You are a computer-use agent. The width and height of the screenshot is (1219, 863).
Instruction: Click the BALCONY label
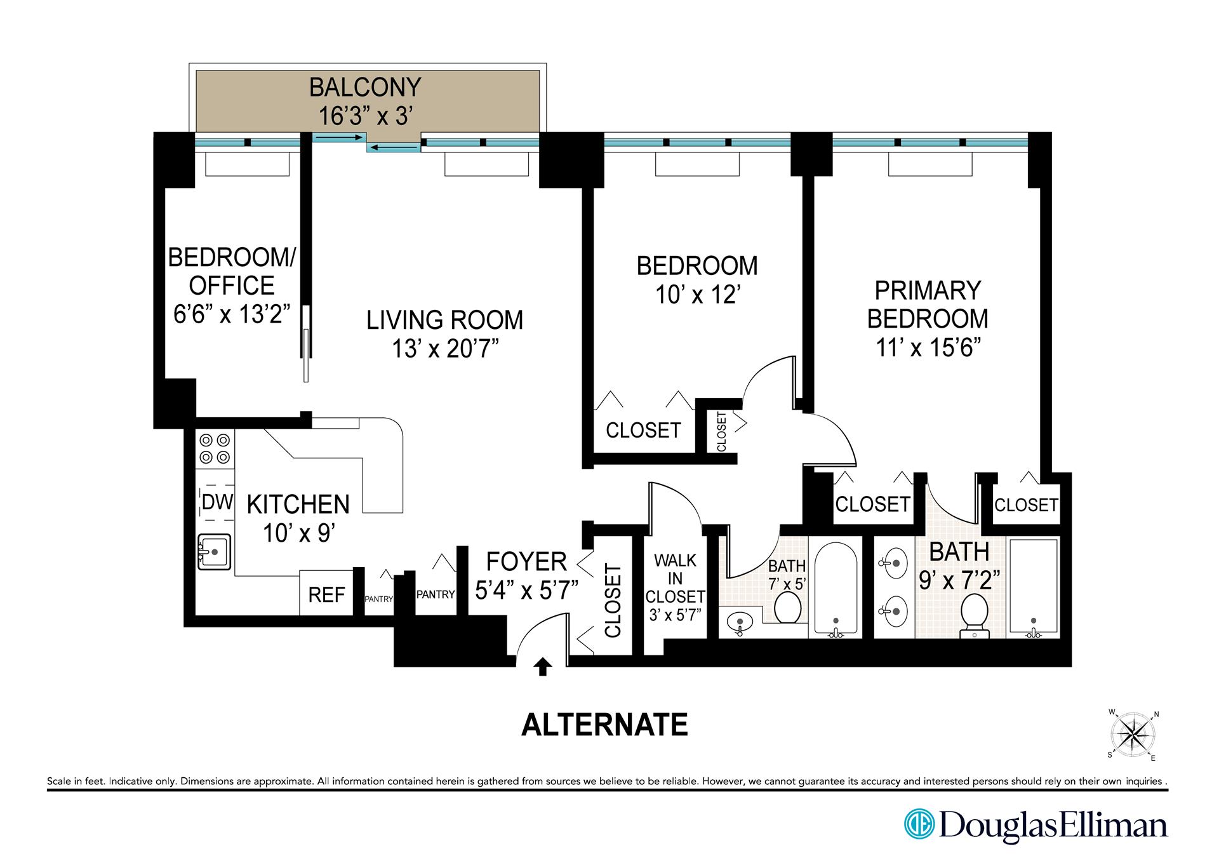point(365,87)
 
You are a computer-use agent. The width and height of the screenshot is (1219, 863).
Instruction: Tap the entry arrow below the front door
point(542,667)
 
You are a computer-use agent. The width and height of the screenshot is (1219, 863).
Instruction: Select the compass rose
point(1133,735)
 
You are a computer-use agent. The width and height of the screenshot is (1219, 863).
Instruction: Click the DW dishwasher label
point(217,502)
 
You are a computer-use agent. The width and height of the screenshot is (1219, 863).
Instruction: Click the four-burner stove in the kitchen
point(215,448)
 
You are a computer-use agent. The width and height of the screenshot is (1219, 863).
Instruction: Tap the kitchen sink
point(215,552)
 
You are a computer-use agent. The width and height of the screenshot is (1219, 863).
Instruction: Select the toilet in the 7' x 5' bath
point(788,607)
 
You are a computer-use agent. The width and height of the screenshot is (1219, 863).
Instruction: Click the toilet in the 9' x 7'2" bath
point(975,615)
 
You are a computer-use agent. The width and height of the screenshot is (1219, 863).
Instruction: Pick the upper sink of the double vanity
point(895,563)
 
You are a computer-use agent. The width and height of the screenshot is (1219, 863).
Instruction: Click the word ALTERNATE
point(604,725)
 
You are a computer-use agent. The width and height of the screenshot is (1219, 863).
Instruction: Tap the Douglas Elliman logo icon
point(919,824)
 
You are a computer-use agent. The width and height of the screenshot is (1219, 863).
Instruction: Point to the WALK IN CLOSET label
point(675,579)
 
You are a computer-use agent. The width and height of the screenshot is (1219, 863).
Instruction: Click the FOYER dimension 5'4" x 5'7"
point(526,590)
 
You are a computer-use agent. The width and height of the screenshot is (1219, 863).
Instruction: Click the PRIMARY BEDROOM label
point(928,304)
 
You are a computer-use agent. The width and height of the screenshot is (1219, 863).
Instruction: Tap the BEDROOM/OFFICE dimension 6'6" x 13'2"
point(232,314)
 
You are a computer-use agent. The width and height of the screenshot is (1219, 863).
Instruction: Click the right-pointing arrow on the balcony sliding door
point(339,137)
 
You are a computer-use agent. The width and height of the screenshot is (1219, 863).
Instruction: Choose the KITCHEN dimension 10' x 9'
point(298,533)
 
